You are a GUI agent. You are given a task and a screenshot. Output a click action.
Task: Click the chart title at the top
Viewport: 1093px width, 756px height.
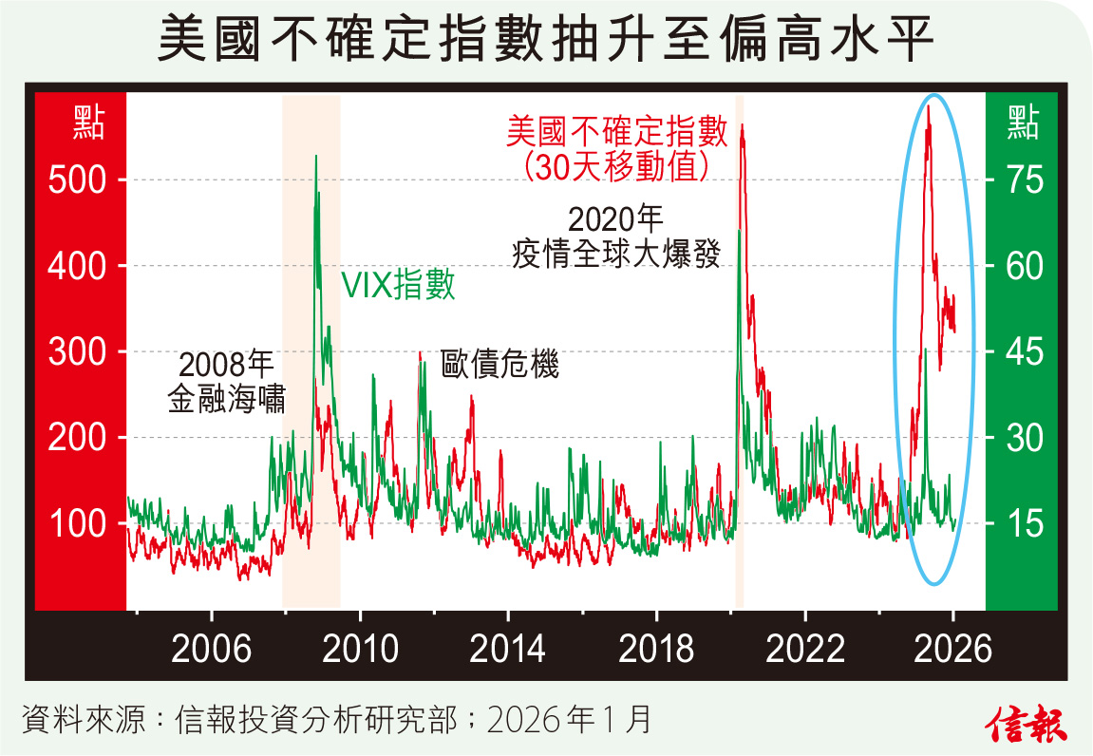(546, 40)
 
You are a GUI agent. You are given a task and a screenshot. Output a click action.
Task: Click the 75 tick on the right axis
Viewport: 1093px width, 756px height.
(1024, 180)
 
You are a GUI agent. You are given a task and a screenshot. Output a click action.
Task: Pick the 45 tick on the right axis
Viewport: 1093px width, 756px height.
(1024, 351)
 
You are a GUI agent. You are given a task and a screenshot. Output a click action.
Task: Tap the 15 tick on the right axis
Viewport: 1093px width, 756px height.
(1024, 523)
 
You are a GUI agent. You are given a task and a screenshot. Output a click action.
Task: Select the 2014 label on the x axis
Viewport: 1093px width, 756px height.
(507, 650)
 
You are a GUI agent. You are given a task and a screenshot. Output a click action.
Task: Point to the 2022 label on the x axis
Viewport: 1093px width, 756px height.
(804, 650)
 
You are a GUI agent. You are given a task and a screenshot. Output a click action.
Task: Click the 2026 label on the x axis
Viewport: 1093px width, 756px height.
(952, 650)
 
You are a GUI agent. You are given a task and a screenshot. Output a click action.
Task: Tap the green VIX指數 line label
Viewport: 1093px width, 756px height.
(399, 285)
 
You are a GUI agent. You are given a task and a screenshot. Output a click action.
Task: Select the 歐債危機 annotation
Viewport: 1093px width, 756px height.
(500, 364)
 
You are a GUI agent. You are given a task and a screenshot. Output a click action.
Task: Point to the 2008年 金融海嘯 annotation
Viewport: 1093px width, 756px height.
(226, 382)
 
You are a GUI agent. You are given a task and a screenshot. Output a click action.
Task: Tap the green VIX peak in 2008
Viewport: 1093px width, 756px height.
(315, 157)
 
